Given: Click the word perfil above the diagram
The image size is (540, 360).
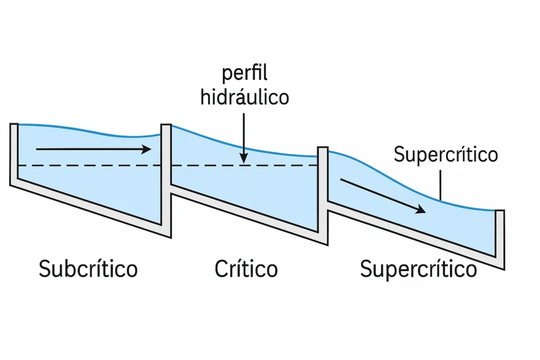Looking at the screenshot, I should (245, 74).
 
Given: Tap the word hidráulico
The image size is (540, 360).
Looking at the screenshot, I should (245, 98).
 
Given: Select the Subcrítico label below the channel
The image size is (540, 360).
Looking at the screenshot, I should (88, 269).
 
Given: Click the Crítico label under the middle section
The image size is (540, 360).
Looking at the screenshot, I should (246, 269).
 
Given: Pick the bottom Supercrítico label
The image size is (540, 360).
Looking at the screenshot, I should (418, 269).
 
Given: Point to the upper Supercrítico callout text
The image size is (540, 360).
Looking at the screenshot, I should (446, 155).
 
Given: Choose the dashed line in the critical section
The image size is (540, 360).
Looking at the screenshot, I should (243, 166).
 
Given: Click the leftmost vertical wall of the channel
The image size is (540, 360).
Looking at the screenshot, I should (14, 153).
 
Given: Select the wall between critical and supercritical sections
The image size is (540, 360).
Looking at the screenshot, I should (323, 190).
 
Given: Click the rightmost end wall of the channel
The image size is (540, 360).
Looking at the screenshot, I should (500, 237).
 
